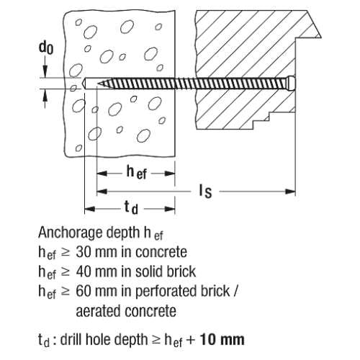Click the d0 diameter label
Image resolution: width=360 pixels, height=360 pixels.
46,48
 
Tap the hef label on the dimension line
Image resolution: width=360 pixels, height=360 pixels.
136,173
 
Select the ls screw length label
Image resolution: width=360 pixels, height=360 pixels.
205,192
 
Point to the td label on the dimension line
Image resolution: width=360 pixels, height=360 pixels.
131,207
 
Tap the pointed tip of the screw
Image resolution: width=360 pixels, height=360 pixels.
98,84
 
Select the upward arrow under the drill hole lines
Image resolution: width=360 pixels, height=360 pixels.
45,99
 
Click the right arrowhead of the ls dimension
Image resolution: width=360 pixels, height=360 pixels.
290,192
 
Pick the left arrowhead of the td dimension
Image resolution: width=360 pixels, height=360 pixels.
90,210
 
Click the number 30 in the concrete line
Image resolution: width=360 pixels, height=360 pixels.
83,252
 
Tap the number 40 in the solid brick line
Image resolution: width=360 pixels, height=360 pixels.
83,271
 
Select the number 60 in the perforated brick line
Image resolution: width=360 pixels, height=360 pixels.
83,291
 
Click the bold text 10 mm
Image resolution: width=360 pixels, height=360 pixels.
222,339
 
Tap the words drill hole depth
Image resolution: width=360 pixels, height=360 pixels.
104,340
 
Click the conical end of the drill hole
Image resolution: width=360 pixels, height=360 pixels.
84,84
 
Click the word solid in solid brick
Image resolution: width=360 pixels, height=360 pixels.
146,271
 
